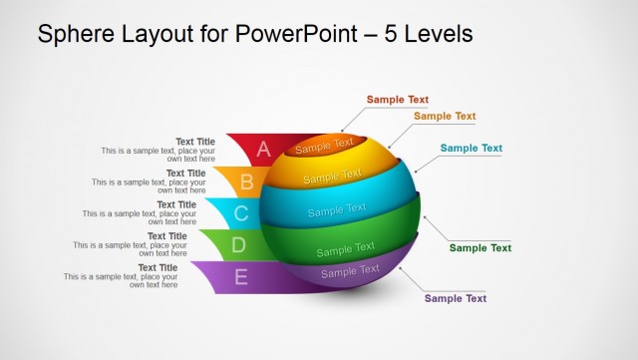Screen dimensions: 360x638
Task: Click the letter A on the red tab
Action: pos(263,150)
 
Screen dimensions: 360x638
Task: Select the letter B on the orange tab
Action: pos(246,182)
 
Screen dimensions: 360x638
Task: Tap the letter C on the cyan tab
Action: pos(240,213)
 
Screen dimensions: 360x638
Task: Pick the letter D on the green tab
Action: pos(238,244)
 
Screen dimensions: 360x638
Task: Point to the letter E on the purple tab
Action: pos(240,277)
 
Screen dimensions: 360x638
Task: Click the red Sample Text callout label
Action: pos(397,100)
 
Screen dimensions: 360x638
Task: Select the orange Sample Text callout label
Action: pos(445,116)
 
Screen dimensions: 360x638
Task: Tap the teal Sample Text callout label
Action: pos(471,149)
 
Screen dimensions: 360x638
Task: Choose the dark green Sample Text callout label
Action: pos(479,248)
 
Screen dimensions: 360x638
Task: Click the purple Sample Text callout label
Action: pos(455,298)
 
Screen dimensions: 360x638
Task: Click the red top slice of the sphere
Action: pos(324,146)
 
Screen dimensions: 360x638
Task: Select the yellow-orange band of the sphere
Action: pos(333,177)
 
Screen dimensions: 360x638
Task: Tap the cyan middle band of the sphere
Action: pos(337,209)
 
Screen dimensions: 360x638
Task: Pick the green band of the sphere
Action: pos(345,246)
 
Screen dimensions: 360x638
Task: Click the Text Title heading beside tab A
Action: pos(195,142)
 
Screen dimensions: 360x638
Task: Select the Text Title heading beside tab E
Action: pos(158,267)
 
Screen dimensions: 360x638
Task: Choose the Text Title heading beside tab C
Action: pos(176,204)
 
